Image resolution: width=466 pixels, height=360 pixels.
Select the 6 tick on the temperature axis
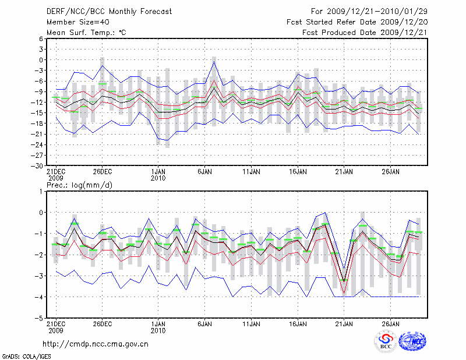(41, 38)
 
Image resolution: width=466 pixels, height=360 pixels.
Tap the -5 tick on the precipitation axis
(40, 319)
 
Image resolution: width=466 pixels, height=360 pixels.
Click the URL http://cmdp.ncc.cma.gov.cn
(96, 344)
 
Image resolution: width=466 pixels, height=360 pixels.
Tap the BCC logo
(386, 342)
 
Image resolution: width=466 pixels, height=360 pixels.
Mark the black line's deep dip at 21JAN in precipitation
(344, 281)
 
